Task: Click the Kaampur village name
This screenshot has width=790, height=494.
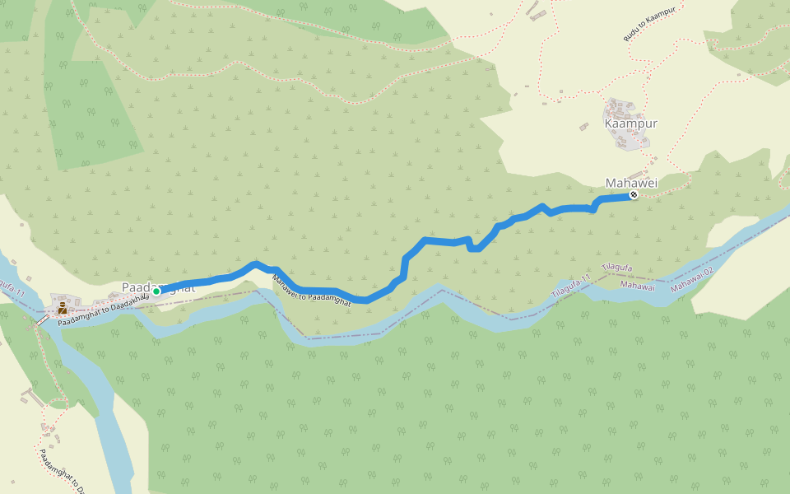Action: click(x=631, y=123)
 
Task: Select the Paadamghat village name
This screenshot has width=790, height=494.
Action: click(x=159, y=286)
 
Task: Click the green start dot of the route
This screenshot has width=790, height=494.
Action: click(x=156, y=291)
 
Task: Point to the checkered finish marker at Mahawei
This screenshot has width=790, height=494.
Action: click(x=634, y=195)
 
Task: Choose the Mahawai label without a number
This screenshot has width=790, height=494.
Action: click(x=638, y=286)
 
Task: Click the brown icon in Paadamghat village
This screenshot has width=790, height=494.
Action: click(x=63, y=310)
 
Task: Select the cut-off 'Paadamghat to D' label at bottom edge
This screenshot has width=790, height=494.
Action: click(x=62, y=470)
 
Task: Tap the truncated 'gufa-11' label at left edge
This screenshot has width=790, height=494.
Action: click(x=12, y=288)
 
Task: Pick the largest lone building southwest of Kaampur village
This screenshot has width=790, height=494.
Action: click(x=584, y=127)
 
